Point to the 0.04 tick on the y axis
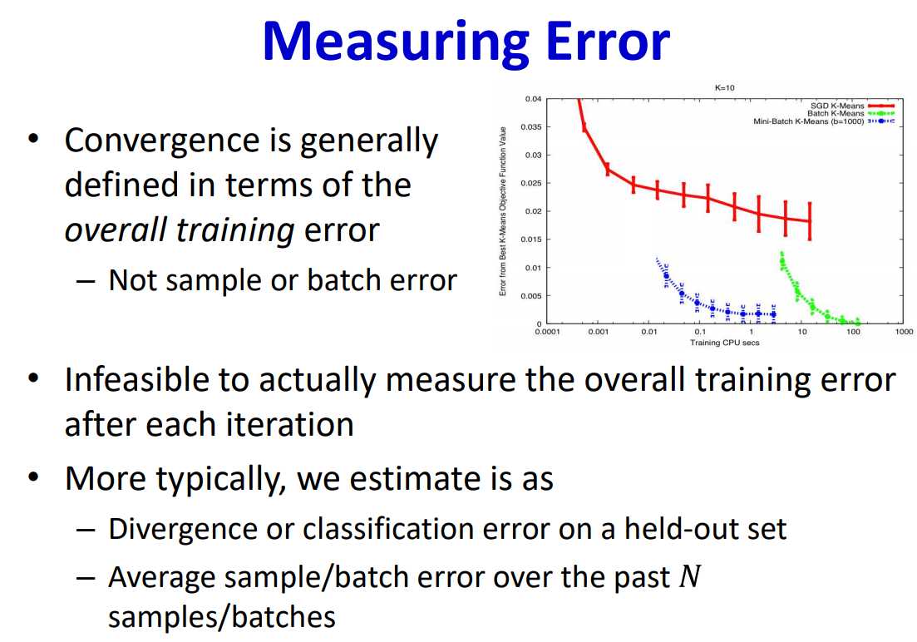tap(533, 99)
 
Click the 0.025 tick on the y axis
tap(531, 183)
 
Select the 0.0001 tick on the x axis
tap(547, 332)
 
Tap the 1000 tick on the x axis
tap(905, 332)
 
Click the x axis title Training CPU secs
tap(725, 343)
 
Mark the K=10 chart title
tap(725, 88)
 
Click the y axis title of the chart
tap(502, 211)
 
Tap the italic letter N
tap(689, 576)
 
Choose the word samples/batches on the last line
tap(222, 617)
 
